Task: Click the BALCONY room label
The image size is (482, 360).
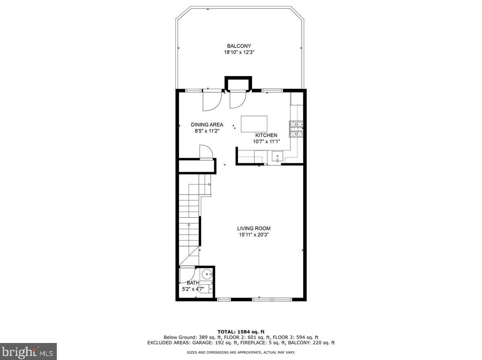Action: (239, 46)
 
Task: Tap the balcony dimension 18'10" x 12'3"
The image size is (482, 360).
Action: (239, 52)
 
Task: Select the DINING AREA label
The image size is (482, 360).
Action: (207, 125)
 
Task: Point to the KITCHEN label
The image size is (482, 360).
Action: (266, 135)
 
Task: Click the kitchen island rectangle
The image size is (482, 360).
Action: (254, 124)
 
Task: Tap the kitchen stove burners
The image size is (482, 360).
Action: (296, 129)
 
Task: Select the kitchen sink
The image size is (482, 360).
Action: (278, 156)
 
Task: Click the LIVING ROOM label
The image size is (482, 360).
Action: (254, 229)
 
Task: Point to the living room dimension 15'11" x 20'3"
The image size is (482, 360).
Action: (254, 235)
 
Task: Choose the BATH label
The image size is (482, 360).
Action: (193, 283)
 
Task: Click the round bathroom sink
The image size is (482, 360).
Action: (207, 274)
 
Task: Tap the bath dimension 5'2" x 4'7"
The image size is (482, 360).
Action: (193, 289)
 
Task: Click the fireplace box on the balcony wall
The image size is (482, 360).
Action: (238, 84)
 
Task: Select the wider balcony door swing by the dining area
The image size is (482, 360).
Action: (211, 101)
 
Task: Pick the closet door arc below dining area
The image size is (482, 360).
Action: (207, 152)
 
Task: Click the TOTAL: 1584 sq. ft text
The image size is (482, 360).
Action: (241, 332)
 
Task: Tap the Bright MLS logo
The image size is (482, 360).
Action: (28, 351)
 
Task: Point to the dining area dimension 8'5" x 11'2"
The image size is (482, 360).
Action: (207, 131)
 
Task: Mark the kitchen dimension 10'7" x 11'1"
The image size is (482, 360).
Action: (266, 141)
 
